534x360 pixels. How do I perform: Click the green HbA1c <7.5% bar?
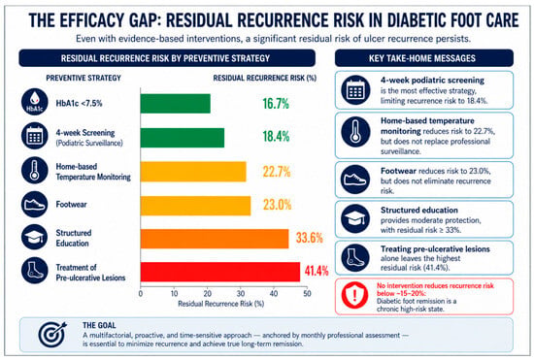(x=176, y=104)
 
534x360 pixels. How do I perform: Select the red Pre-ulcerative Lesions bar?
(x=220, y=272)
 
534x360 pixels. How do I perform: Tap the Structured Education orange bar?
(x=215, y=239)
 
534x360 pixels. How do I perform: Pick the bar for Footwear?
(x=195, y=206)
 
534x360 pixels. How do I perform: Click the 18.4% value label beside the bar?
(x=276, y=137)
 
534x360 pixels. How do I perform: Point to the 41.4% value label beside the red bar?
(x=317, y=271)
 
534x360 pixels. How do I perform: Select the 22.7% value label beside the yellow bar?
(x=277, y=172)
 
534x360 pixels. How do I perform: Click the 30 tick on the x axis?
(x=241, y=293)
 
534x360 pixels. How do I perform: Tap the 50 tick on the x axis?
(x=307, y=293)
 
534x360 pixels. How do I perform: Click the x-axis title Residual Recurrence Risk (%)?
(x=221, y=304)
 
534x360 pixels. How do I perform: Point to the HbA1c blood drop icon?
(x=34, y=101)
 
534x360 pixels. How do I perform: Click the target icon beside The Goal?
(x=52, y=334)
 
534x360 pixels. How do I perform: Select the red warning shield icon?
(x=354, y=296)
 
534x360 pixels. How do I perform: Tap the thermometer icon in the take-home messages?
(x=355, y=132)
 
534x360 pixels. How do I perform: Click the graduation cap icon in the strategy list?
(x=34, y=237)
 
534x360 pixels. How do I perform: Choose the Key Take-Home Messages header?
(x=424, y=58)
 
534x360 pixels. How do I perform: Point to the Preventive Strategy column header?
(x=83, y=79)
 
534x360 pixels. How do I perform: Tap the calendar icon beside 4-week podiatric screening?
(x=355, y=90)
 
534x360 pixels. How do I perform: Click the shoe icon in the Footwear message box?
(x=355, y=180)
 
